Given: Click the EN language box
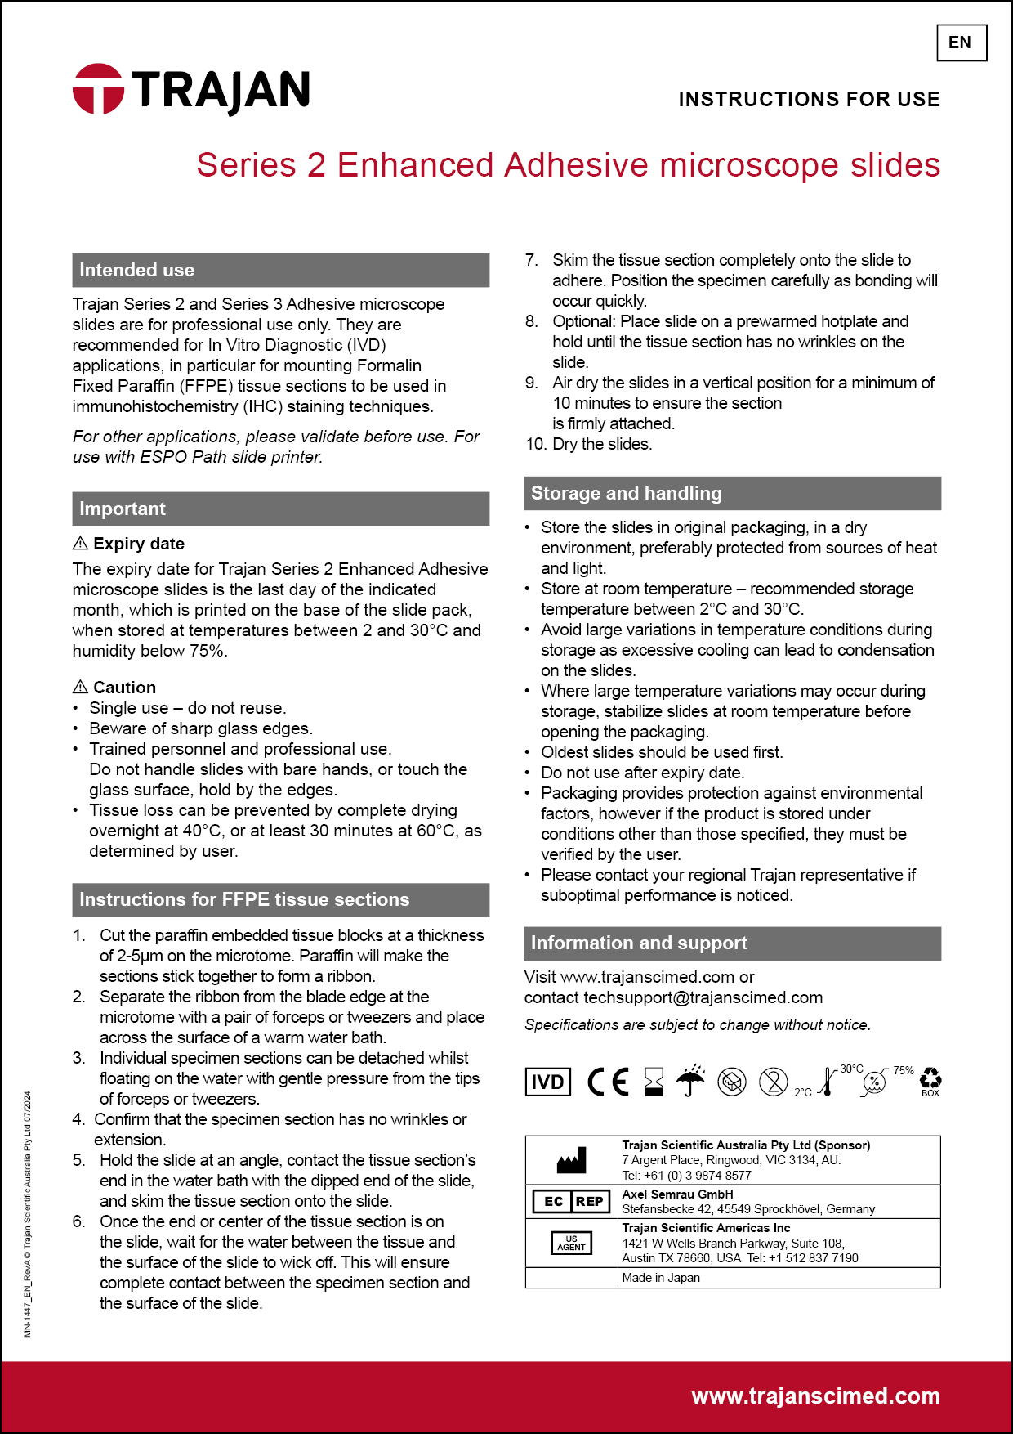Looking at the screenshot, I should click(961, 43).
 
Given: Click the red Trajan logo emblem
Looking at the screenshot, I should click(98, 88).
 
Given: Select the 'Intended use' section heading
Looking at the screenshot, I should click(137, 270).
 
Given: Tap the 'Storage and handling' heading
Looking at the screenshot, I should click(626, 493).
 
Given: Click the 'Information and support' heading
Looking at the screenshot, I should click(638, 943).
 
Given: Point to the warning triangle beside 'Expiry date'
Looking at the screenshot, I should click(80, 543).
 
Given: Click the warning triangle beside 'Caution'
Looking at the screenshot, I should click(80, 687).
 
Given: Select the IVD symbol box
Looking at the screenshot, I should click(547, 1082).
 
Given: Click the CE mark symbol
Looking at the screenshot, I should click(609, 1082).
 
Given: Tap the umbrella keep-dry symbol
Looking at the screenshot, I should click(691, 1081).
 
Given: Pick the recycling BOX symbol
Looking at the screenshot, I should click(930, 1080).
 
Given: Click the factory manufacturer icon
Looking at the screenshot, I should click(571, 1159).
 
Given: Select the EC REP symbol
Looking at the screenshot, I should click(571, 1201).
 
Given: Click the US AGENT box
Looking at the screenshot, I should click(571, 1243).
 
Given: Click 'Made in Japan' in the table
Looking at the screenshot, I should click(661, 1278).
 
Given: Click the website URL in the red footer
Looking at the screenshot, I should click(815, 1396).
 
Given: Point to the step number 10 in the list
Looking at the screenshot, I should click(536, 444).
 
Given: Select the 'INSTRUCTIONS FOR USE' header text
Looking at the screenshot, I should click(809, 100).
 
